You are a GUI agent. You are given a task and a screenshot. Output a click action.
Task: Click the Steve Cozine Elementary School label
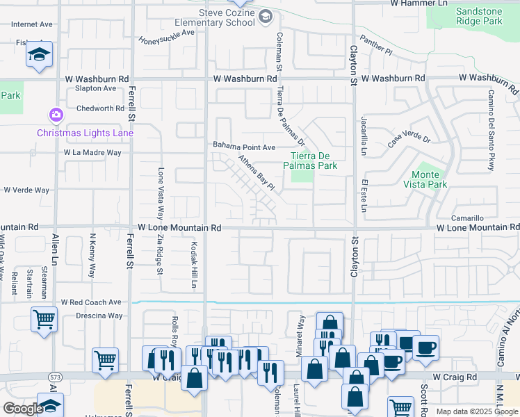(x=227, y=17)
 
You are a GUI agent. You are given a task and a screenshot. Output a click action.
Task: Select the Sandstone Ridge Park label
(x=479, y=16)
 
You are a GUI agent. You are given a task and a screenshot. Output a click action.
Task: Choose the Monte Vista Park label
(x=425, y=179)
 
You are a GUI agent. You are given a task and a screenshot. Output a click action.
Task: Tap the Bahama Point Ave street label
(x=244, y=147)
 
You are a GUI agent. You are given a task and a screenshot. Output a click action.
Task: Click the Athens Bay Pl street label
(x=257, y=173)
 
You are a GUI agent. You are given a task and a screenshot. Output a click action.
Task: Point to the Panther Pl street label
(x=376, y=47)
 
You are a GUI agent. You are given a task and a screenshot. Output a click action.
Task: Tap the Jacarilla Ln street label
(x=363, y=136)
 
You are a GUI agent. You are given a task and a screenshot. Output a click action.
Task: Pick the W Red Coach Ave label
(x=91, y=302)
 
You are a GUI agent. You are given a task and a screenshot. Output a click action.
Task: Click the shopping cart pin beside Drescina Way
(x=44, y=320)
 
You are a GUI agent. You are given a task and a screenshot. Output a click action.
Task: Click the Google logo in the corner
(x=22, y=409)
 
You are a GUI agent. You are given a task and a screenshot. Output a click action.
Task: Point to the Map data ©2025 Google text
(x=477, y=411)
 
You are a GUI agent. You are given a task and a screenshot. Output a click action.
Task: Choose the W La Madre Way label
(x=92, y=152)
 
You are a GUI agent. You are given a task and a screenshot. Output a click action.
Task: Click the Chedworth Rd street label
(x=100, y=108)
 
